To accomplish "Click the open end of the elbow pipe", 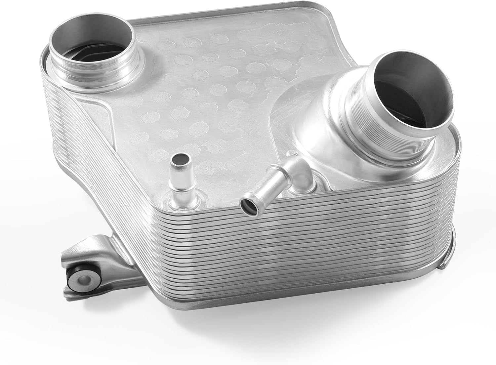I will click(x=249, y=208).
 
